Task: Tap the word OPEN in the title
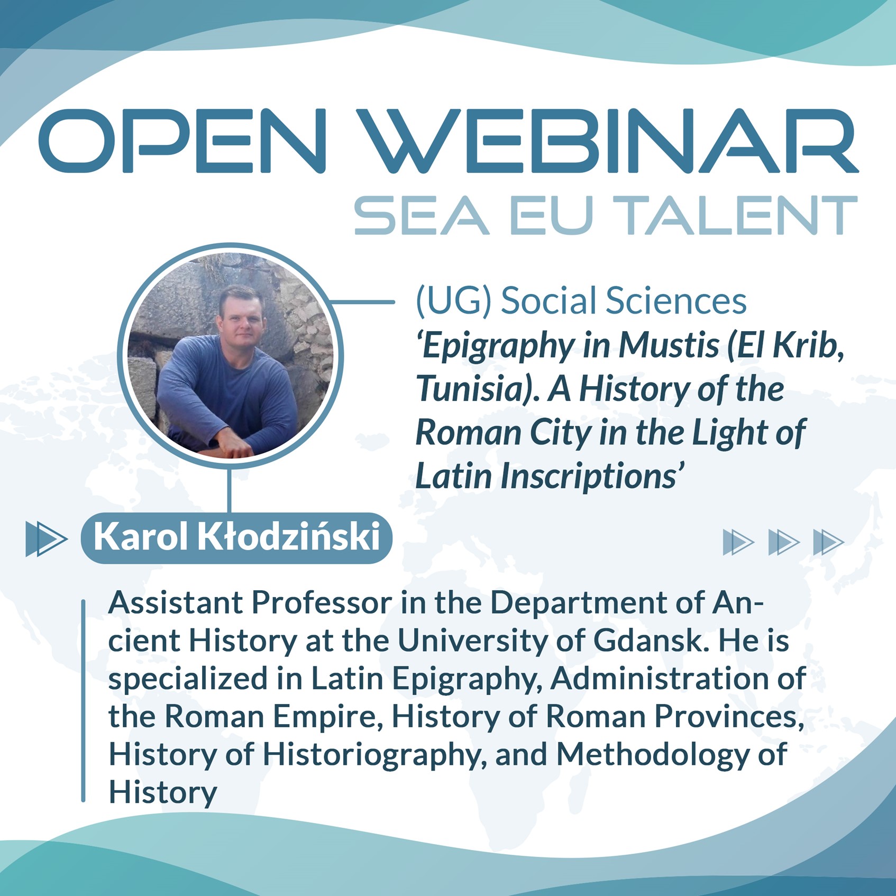(182, 141)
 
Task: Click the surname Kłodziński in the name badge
(289, 536)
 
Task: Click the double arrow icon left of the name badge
(47, 539)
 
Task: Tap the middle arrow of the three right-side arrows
(784, 542)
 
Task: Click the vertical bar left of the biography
(83, 701)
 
